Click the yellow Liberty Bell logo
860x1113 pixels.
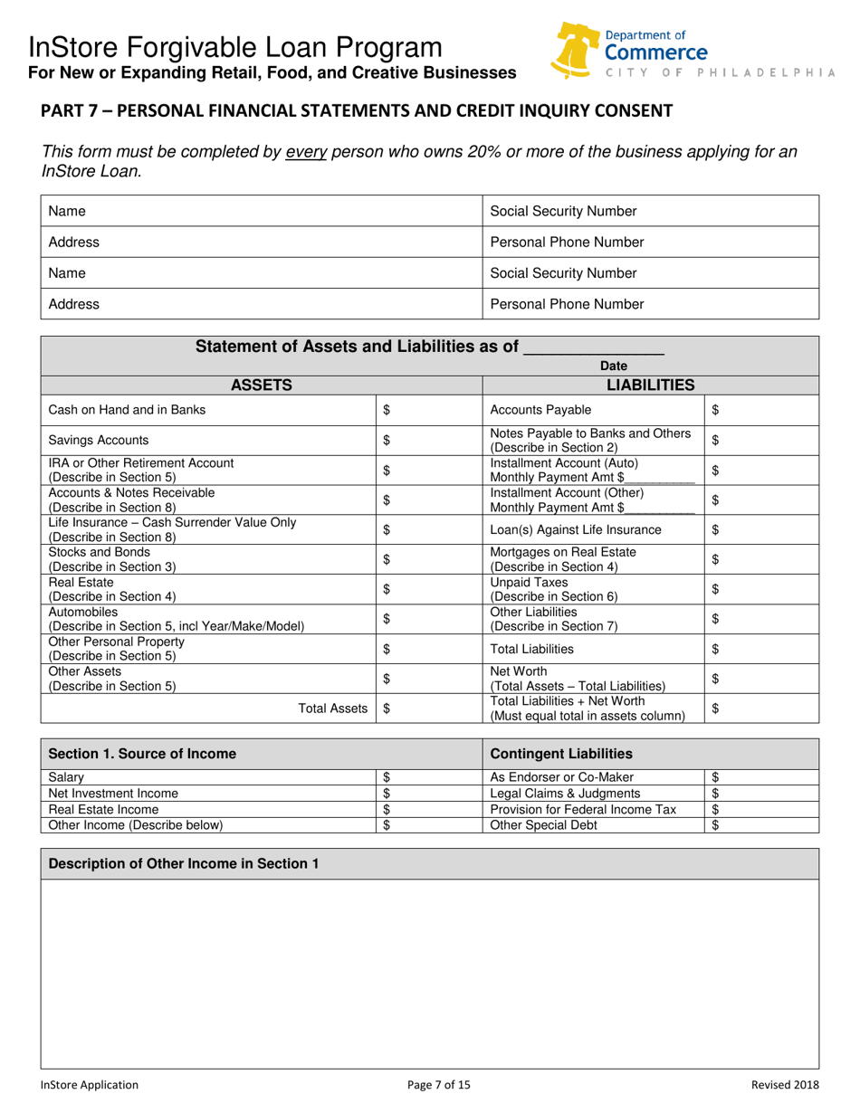click(577, 50)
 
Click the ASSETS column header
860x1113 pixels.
click(262, 385)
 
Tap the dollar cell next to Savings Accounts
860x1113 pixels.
click(429, 441)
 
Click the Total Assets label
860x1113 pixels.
click(335, 709)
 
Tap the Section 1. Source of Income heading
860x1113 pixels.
click(142, 754)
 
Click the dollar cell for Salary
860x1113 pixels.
click(429, 776)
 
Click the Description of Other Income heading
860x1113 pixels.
click(184, 864)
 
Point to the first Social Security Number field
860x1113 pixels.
click(652, 211)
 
